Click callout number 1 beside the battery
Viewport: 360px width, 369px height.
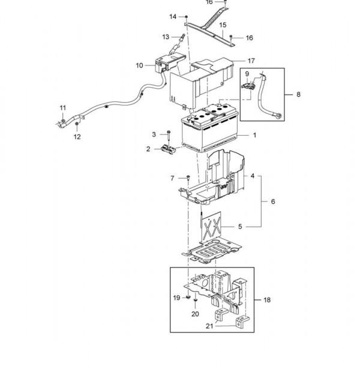click(x=254, y=135)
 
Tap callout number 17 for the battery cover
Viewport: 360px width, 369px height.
click(x=251, y=61)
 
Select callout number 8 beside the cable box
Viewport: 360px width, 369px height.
click(x=298, y=94)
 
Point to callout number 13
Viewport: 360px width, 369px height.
click(x=166, y=37)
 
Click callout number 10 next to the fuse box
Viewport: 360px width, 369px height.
click(x=139, y=65)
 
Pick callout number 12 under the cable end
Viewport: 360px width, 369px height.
click(x=77, y=137)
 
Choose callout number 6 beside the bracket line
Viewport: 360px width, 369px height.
click(x=273, y=202)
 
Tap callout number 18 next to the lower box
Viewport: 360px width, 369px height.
click(x=267, y=300)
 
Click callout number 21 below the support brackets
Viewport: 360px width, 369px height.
click(x=209, y=326)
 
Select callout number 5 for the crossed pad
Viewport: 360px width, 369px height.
click(x=240, y=226)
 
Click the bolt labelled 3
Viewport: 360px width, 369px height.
click(x=169, y=138)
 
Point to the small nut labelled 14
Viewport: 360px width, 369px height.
click(x=187, y=17)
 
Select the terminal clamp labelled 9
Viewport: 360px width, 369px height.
click(x=248, y=86)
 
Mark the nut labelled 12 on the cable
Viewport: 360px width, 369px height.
click(x=77, y=124)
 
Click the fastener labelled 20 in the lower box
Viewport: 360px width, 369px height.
click(x=195, y=301)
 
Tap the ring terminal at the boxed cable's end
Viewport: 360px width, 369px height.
click(x=279, y=116)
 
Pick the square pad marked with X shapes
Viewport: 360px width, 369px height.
click(x=211, y=227)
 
